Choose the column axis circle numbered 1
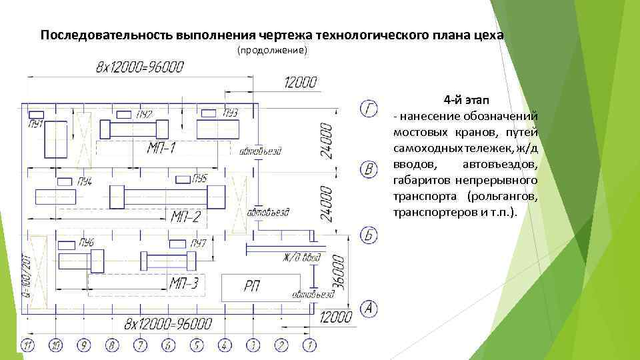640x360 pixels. click(x=309, y=345)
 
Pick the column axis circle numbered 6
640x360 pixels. click(x=168, y=345)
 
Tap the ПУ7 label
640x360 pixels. click(x=197, y=243)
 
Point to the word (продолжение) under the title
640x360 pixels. click(x=272, y=51)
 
